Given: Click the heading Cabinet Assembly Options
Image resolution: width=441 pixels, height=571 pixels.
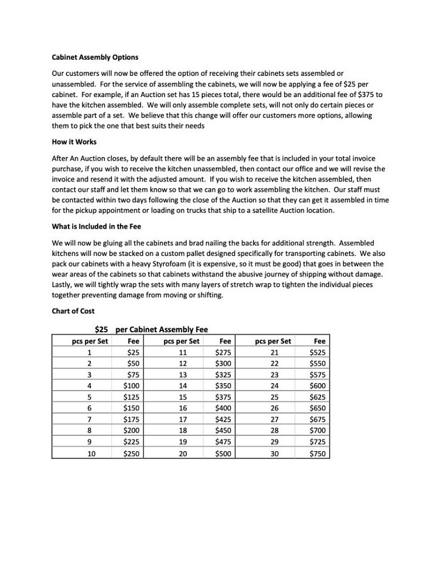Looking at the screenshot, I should (x=95, y=58).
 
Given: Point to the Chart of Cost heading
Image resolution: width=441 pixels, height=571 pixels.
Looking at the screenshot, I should (x=73, y=311).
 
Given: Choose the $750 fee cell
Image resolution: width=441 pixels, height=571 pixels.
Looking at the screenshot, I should (x=317, y=454).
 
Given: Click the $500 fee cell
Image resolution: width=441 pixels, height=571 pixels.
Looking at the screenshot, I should (x=223, y=454).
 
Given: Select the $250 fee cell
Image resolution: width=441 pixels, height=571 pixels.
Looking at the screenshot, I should (x=133, y=454).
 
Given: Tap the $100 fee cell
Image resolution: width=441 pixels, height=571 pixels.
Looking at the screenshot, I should (x=133, y=385).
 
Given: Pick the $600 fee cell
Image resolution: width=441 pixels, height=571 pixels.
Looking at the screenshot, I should (x=317, y=385).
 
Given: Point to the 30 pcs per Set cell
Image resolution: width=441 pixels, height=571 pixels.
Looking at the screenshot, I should (x=275, y=454).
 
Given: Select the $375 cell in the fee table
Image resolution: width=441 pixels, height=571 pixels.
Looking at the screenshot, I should (x=223, y=397).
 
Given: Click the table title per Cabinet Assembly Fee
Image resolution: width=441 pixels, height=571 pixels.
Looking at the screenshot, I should (x=161, y=329).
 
